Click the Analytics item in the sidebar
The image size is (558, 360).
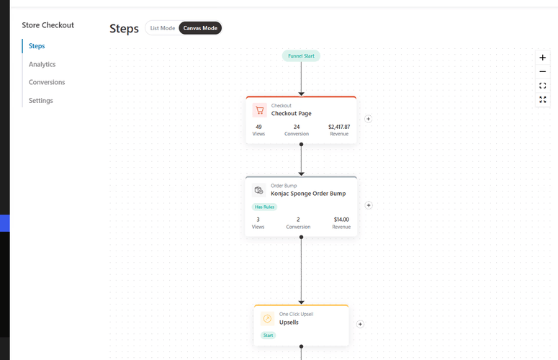pyautogui.click(x=42, y=64)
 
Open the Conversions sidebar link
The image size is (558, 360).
pyautogui.click(x=47, y=82)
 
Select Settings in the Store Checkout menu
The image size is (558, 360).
pyautogui.click(x=40, y=101)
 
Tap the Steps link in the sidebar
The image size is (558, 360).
pyautogui.click(x=37, y=46)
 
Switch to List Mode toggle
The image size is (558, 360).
pyautogui.click(x=162, y=28)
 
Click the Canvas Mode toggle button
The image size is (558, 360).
pyautogui.click(x=200, y=28)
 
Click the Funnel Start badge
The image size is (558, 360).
pyautogui.click(x=301, y=56)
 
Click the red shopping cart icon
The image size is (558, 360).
pyautogui.click(x=259, y=110)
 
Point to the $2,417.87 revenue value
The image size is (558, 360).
pyautogui.click(x=339, y=127)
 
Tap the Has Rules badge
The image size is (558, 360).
pyautogui.click(x=264, y=207)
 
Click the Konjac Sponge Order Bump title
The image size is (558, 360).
pyautogui.click(x=308, y=194)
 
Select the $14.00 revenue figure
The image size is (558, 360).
pyautogui.click(x=341, y=220)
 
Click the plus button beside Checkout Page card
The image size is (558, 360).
pyautogui.click(x=369, y=119)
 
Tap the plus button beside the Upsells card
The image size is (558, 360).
pyautogui.click(x=360, y=324)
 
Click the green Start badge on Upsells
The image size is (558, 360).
pyautogui.click(x=268, y=335)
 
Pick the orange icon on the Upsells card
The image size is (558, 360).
pyautogui.click(x=267, y=319)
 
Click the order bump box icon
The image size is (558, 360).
pyautogui.click(x=258, y=190)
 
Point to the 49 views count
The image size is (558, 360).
pyautogui.click(x=258, y=127)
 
